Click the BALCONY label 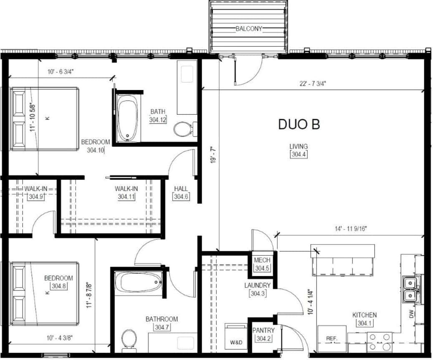pyautogui.click(x=249, y=29)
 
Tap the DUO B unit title pyautogui.click(x=299, y=124)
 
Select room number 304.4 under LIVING pyautogui.click(x=299, y=154)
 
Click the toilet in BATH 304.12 pyautogui.click(x=182, y=129)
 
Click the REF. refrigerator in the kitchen pyautogui.click(x=332, y=338)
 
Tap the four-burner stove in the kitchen pyautogui.click(x=380, y=342)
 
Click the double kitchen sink pyautogui.click(x=411, y=289)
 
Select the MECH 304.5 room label pyautogui.click(x=262, y=264)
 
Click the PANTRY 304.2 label pyautogui.click(x=264, y=334)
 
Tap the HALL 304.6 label pyautogui.click(x=181, y=193)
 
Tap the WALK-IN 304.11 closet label pyautogui.click(x=126, y=193)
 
